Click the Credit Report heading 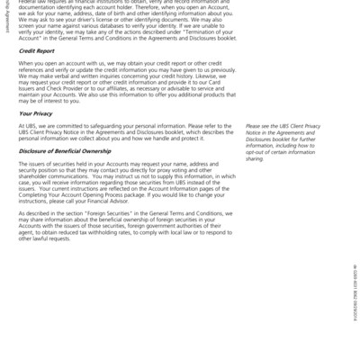[x=37, y=51]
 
